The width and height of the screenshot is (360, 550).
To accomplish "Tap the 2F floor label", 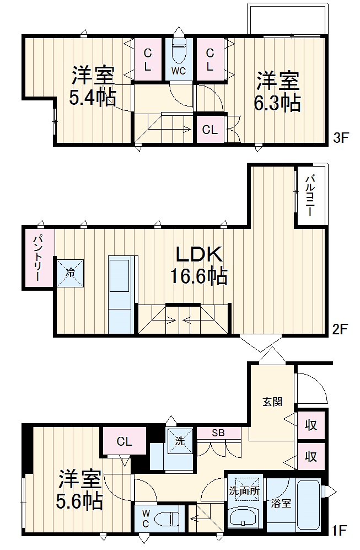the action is click(x=339, y=329).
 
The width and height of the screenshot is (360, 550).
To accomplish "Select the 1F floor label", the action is click(x=338, y=530).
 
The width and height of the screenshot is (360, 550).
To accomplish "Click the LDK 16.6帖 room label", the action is click(x=199, y=265).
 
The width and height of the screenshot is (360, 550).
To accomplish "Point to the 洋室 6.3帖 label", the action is click(x=277, y=92).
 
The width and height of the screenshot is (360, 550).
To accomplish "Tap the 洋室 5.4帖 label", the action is click(x=93, y=86).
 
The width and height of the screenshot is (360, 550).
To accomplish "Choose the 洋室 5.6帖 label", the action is click(x=79, y=490).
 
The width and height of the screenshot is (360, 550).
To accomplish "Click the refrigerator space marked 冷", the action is click(x=71, y=273).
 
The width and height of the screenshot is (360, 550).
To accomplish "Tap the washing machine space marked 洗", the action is click(x=180, y=441).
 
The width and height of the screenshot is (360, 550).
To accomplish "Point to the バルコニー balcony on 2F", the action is click(x=311, y=196).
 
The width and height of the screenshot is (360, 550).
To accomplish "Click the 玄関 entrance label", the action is click(x=273, y=402).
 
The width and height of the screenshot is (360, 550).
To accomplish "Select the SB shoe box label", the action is click(x=218, y=433).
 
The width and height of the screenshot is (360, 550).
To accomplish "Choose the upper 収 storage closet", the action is click(x=310, y=426).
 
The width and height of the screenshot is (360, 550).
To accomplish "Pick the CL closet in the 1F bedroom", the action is click(x=125, y=441).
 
